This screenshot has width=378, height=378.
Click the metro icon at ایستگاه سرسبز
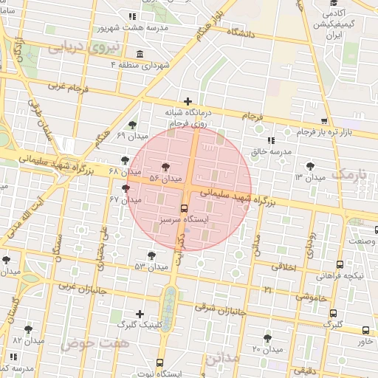click(x=185, y=208)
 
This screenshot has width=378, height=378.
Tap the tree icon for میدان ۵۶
click(x=164, y=167)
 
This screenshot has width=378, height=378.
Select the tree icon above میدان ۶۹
click(x=132, y=125)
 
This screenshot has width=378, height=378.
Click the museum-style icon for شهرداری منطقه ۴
click(x=140, y=54)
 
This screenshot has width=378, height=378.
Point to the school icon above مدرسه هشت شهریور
click(x=132, y=16)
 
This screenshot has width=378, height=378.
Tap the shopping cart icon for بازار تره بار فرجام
click(x=323, y=121)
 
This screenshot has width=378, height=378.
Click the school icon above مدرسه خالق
click(x=270, y=140)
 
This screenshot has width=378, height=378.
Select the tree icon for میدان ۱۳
click(x=309, y=166)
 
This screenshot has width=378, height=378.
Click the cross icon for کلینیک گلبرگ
click(x=140, y=314)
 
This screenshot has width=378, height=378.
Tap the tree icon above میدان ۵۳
click(x=151, y=255)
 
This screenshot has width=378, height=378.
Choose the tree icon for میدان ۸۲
click(x=29, y=329)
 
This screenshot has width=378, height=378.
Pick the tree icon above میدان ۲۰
click(x=267, y=337)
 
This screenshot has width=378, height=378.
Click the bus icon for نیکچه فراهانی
click(x=340, y=264)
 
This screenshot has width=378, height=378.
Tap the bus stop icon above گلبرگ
click(x=334, y=313)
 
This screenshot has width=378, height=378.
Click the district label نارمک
click(x=348, y=174)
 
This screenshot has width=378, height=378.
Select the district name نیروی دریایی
click(x=78, y=47)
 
